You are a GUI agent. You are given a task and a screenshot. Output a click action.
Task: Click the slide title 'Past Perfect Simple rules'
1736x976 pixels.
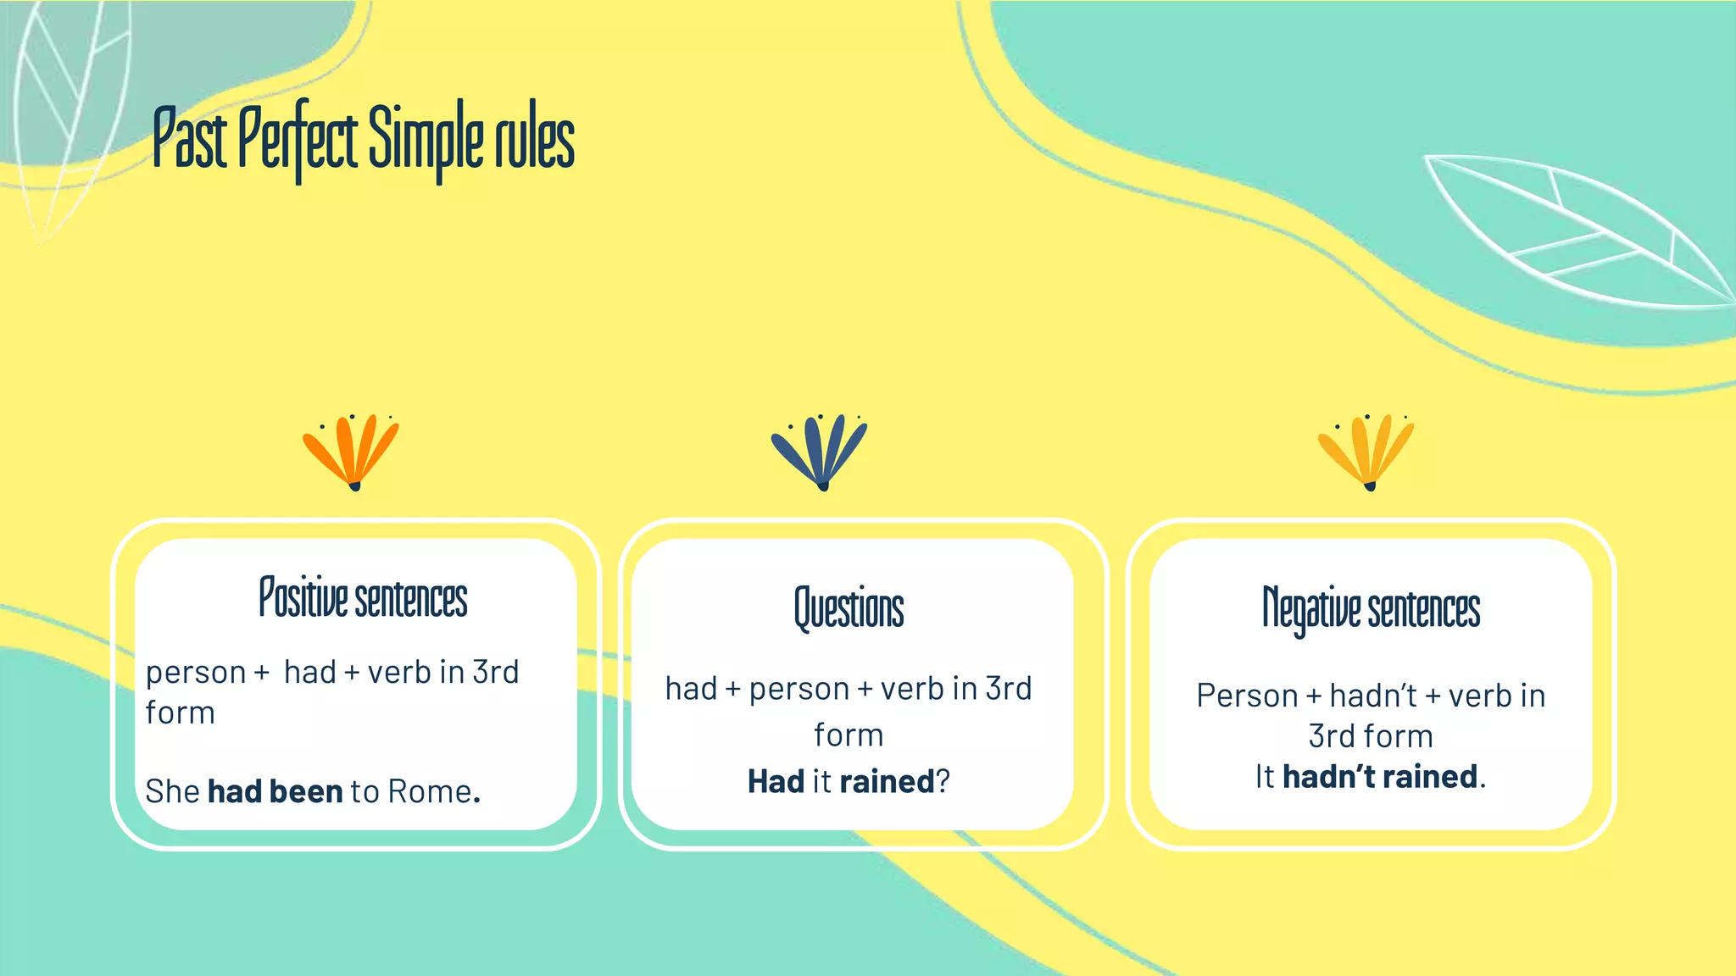click(364, 141)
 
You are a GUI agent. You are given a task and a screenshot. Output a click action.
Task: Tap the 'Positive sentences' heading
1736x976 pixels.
click(363, 598)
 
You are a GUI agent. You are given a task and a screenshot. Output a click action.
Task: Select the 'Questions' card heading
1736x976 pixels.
click(849, 608)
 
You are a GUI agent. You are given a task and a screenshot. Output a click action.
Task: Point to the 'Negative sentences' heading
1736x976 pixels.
click(1371, 608)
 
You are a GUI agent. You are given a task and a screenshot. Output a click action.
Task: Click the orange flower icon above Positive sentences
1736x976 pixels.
click(352, 452)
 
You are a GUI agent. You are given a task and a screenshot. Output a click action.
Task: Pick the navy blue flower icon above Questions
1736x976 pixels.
click(820, 452)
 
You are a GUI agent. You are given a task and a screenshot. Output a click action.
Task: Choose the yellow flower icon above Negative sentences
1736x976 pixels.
click(1366, 452)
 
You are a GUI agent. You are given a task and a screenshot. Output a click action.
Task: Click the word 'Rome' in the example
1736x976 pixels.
click(429, 791)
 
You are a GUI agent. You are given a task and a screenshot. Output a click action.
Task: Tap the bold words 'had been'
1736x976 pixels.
click(275, 791)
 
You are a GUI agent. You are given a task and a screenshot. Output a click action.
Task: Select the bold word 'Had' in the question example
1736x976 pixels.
click(775, 781)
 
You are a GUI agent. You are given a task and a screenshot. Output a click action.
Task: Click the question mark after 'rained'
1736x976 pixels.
click(943, 781)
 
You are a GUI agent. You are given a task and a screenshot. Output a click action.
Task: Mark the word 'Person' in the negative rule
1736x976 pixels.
click(1246, 696)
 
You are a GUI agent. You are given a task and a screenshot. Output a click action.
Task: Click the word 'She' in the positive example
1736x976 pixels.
click(172, 791)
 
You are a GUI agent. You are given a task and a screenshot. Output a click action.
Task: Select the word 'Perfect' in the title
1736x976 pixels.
click(298, 141)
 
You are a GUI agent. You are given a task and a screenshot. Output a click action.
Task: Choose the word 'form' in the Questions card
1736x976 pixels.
click(849, 735)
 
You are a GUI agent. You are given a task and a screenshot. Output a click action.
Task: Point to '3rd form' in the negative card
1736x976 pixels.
click(1371, 736)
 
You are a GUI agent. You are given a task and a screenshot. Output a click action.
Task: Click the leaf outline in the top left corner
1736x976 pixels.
click(72, 110)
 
